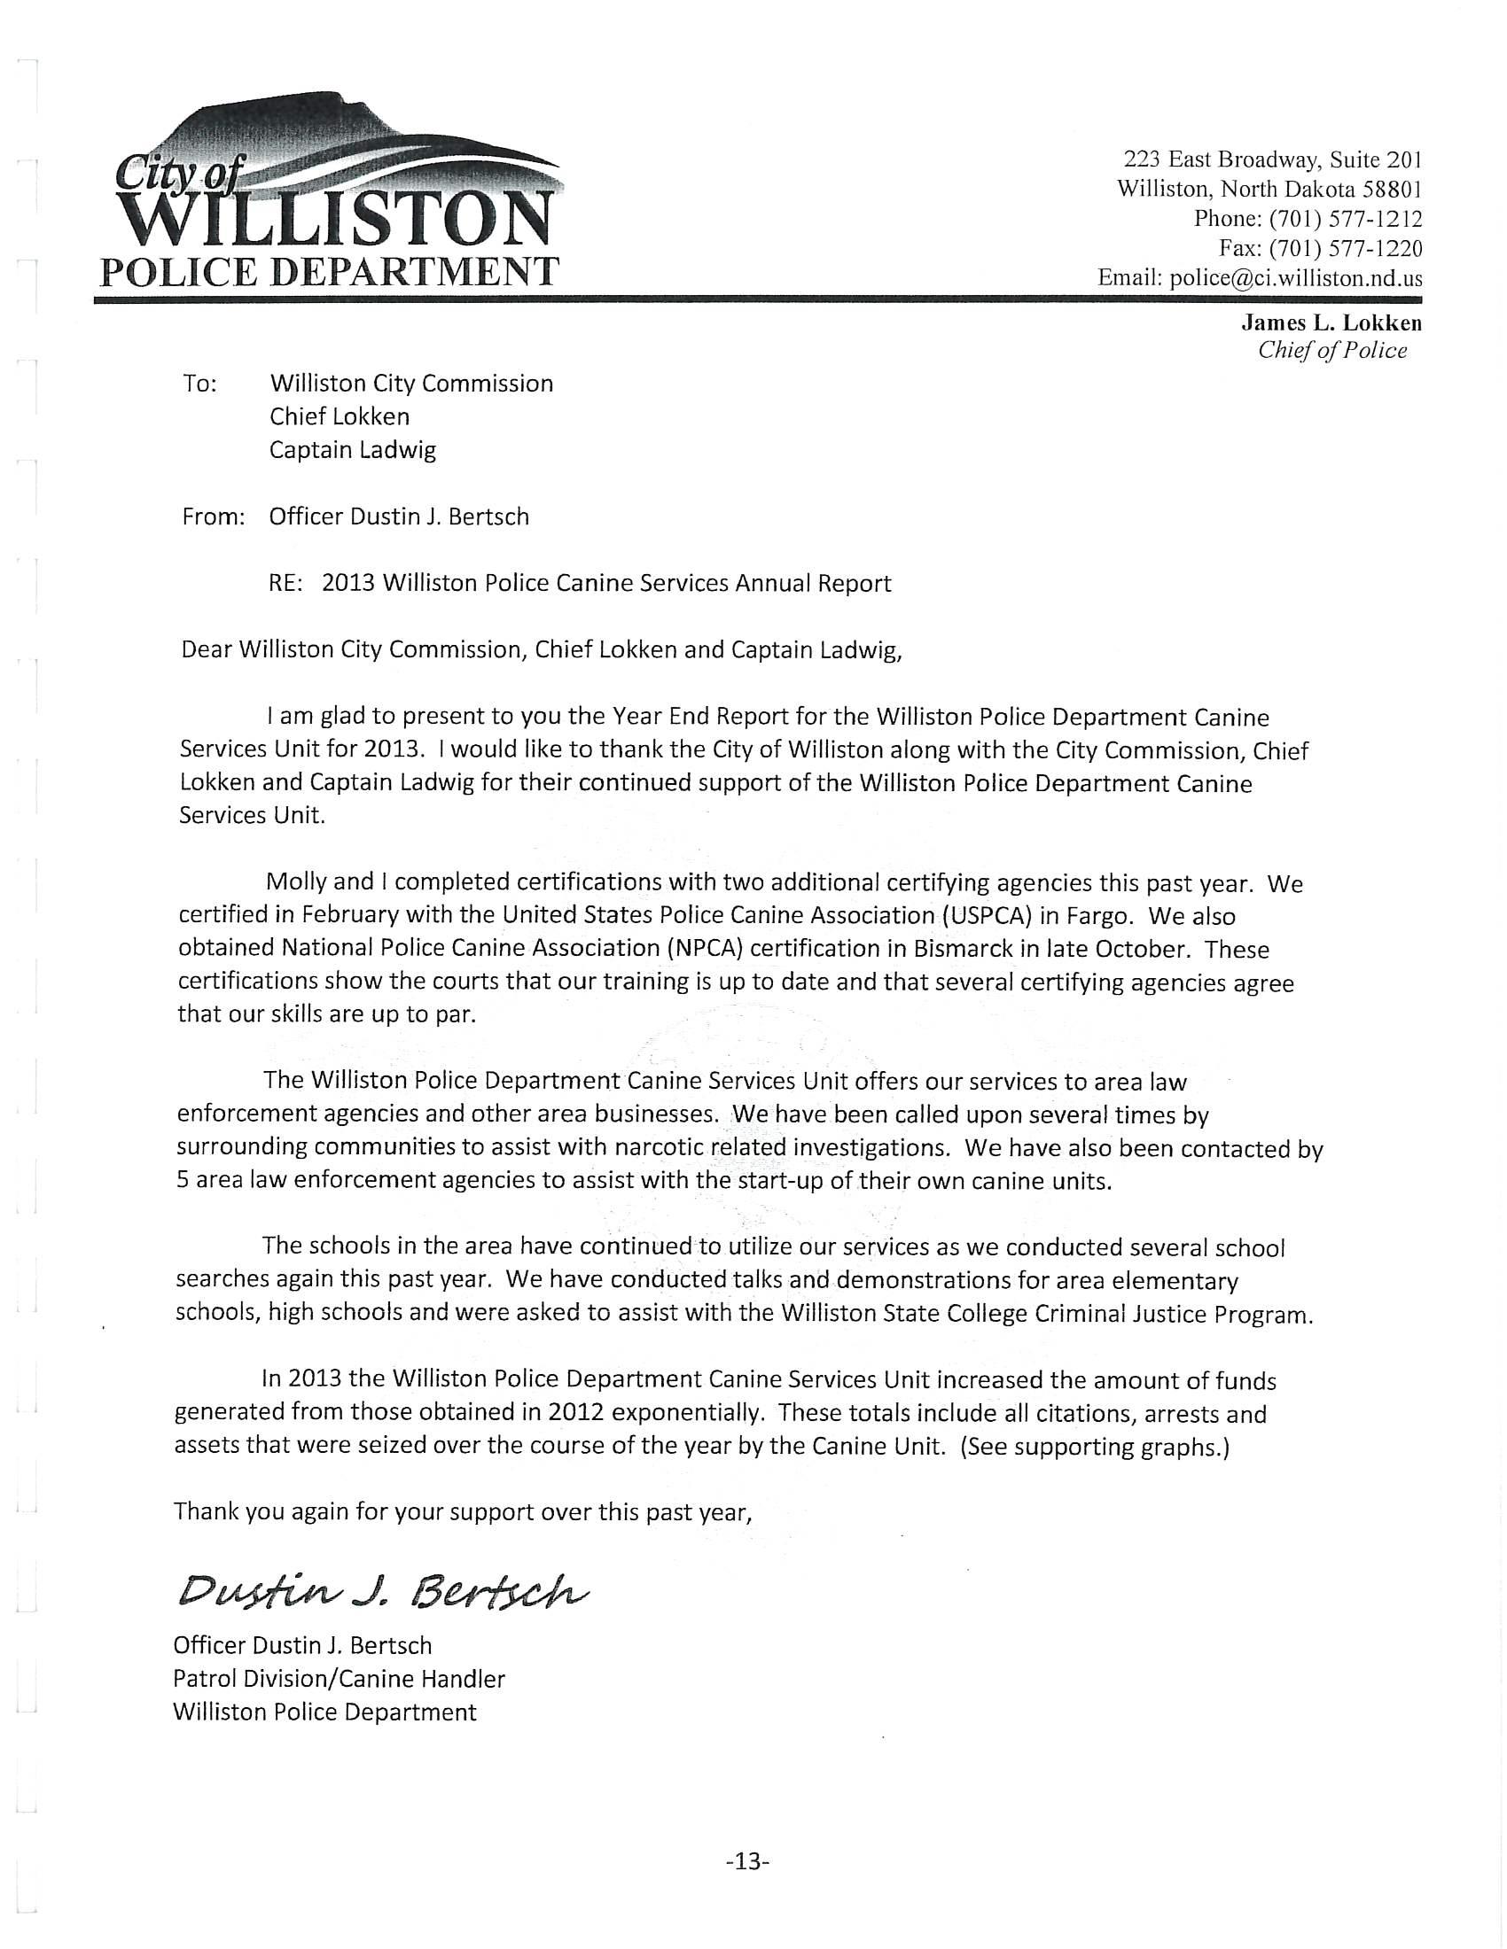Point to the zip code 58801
coord(1392,190)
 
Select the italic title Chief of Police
coord(1332,351)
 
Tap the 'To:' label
coord(200,384)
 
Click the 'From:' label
coord(214,516)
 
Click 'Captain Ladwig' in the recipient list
coord(353,450)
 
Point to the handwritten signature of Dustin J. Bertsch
coord(384,1589)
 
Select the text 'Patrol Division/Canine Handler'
coord(340,1679)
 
